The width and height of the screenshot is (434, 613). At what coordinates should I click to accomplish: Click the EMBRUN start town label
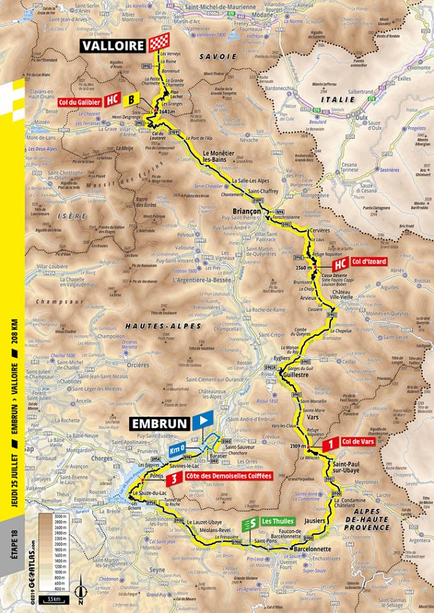(x=160, y=424)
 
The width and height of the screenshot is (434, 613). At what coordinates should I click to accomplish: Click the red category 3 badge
(x=172, y=480)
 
